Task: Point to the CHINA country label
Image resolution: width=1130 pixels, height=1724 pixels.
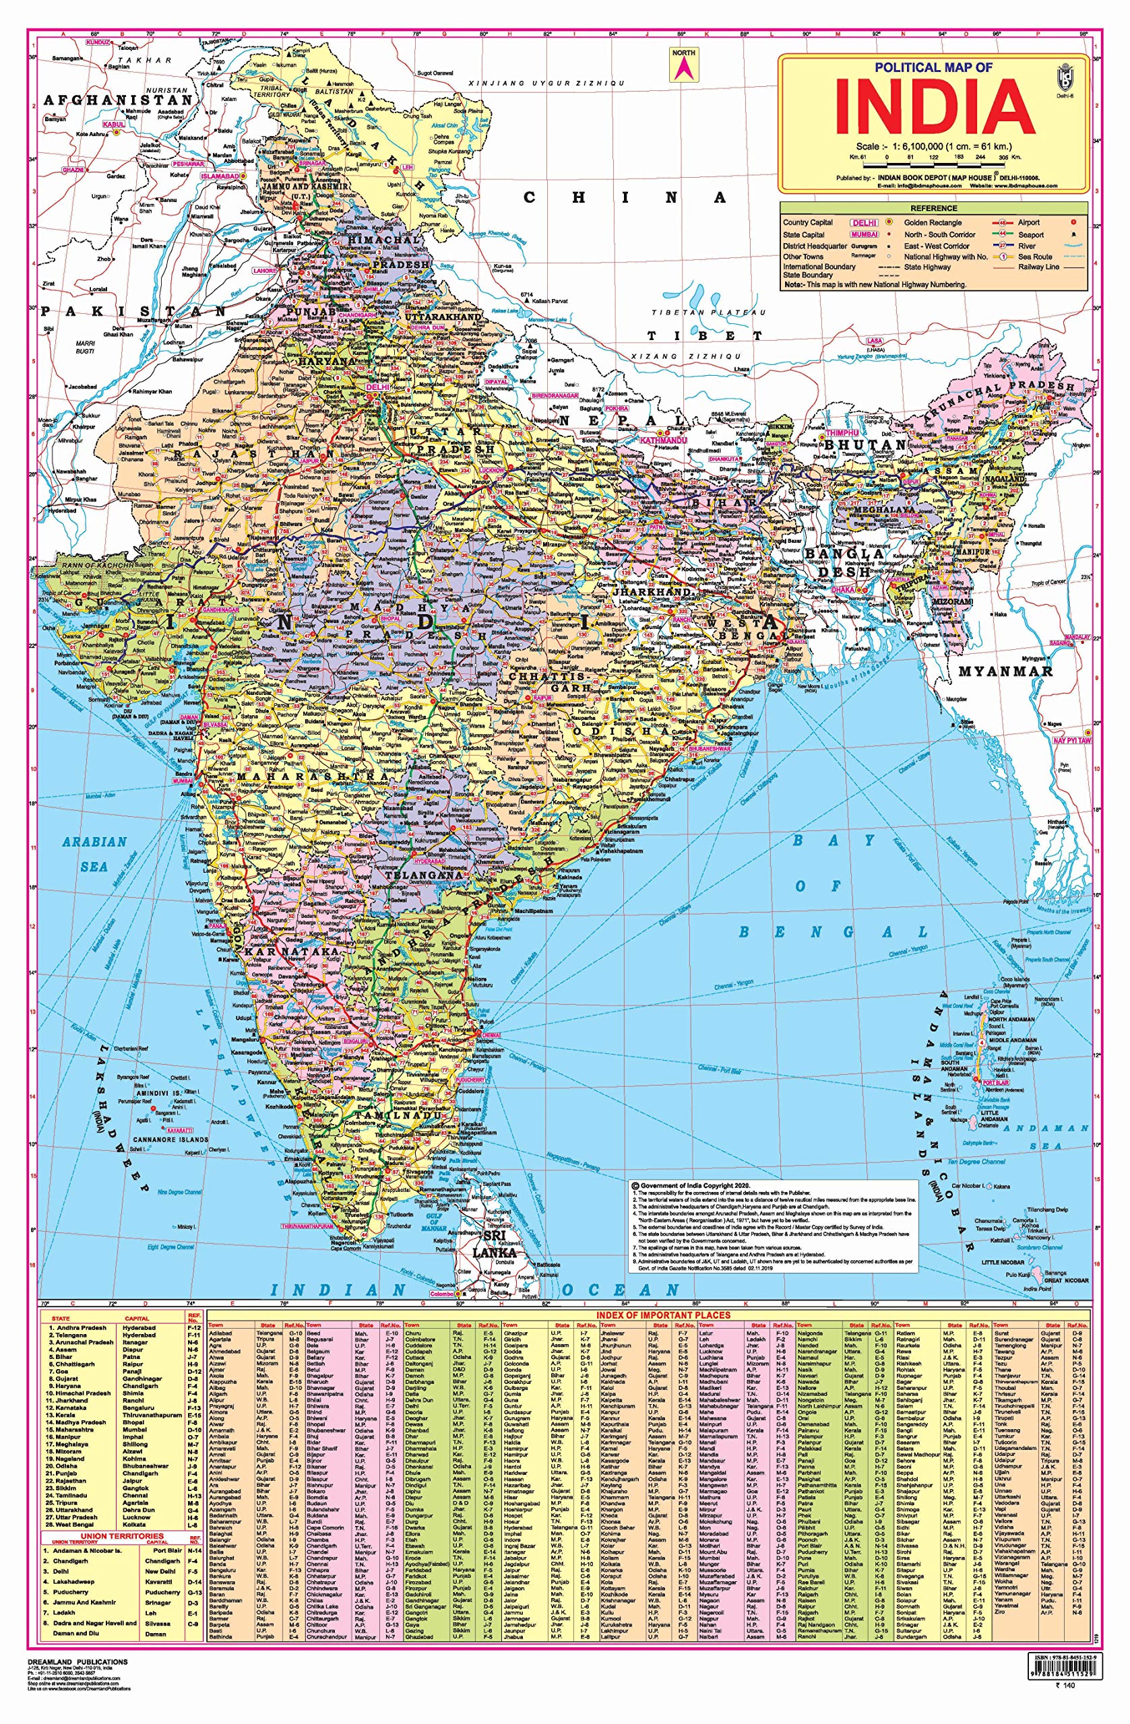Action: [x=623, y=198]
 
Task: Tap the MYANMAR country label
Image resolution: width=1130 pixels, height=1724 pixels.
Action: [x=1005, y=671]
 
